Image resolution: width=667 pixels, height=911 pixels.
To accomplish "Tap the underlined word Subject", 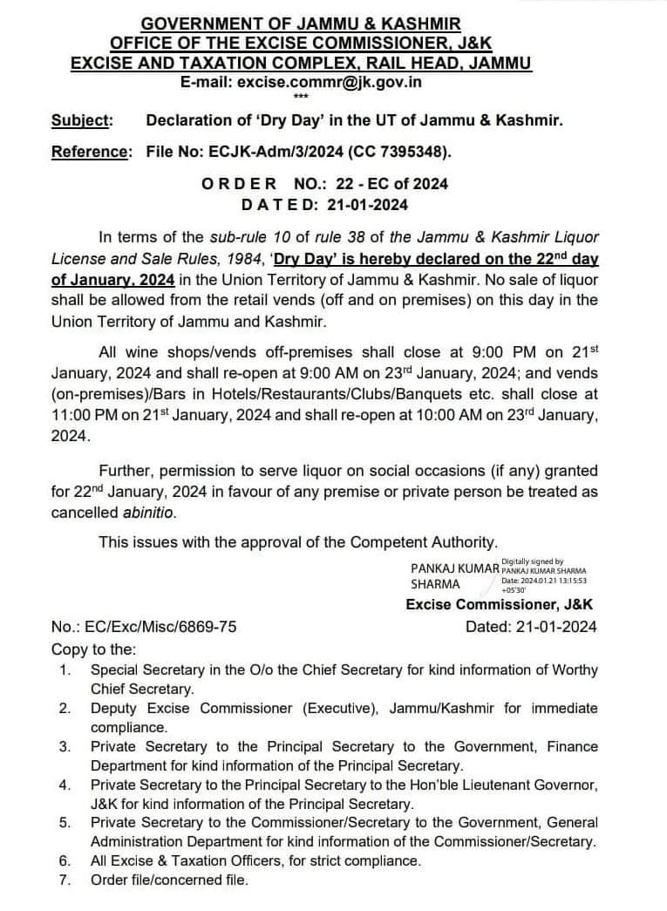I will [81, 120].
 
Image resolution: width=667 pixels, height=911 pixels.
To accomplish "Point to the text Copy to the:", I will [93, 649].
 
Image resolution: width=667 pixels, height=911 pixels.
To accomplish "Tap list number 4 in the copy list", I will [65, 785].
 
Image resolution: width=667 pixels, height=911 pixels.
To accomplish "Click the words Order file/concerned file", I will [169, 880].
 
